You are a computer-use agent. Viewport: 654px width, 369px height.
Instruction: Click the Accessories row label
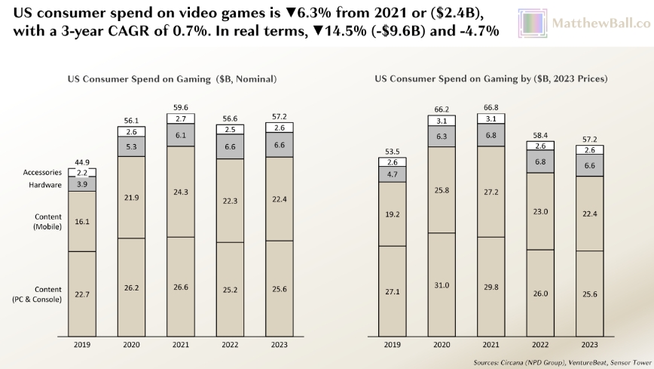point(42,172)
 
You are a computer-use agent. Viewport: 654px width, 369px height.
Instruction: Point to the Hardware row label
point(46,183)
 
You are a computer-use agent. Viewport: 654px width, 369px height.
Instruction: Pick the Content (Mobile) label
point(48,222)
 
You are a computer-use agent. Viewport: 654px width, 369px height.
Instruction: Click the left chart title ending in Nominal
point(173,78)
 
